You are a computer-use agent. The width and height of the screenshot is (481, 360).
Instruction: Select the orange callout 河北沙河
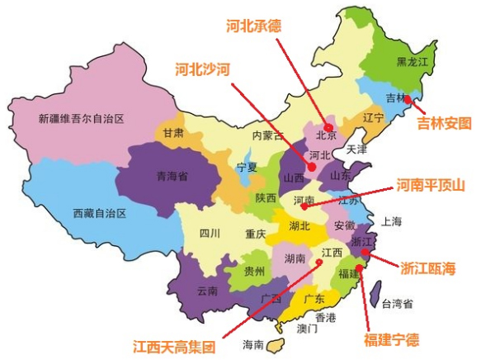[201, 69]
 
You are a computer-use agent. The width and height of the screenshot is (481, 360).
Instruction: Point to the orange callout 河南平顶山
[430, 185]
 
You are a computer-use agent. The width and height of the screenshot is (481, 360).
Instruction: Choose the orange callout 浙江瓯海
[428, 268]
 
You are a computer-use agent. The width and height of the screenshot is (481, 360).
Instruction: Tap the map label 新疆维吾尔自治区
[81, 119]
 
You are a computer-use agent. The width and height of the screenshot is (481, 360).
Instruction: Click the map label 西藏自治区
[98, 213]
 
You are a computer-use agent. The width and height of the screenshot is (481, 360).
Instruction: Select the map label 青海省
[172, 176]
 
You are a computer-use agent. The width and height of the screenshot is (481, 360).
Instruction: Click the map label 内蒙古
[267, 135]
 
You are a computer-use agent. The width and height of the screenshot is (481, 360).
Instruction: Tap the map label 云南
[207, 291]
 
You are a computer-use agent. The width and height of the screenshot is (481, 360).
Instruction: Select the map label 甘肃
[172, 132]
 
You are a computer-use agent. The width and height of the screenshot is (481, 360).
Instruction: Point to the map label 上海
[390, 220]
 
